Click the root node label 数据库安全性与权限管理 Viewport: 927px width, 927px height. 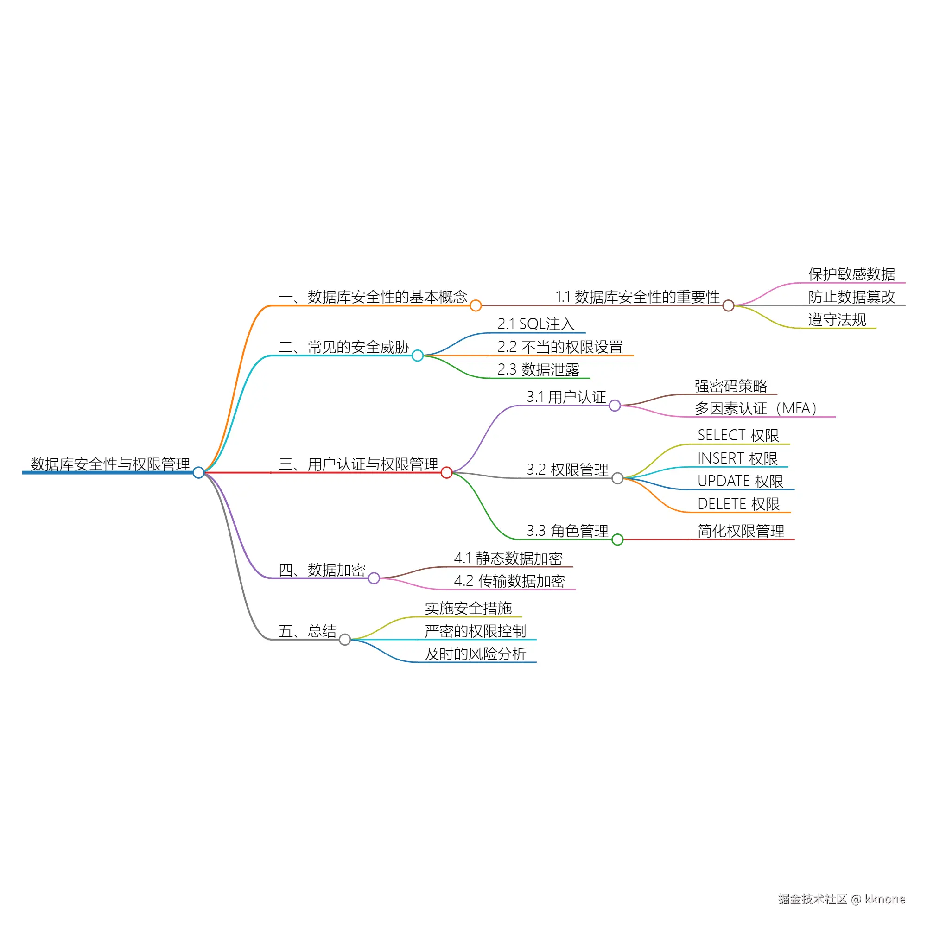click(110, 464)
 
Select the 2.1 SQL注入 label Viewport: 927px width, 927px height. click(535, 324)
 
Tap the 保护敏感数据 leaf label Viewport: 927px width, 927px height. click(851, 274)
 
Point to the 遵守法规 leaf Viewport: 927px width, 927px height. click(837, 319)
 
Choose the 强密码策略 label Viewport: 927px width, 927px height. click(731, 386)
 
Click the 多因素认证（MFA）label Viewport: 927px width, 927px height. click(756, 408)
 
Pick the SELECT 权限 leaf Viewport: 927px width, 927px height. click(738, 435)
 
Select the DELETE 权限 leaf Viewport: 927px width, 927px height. click(739, 504)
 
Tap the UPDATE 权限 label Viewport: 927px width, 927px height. click(740, 481)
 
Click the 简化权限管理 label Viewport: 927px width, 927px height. click(741, 531)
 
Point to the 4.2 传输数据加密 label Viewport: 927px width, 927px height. click(509, 581)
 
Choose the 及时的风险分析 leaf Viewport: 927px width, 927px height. click(476, 654)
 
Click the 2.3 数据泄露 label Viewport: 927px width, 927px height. click(538, 369)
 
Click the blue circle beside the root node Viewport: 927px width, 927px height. click(199, 473)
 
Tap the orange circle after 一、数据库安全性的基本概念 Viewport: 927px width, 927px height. click(476, 305)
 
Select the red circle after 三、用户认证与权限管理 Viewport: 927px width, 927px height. click(447, 473)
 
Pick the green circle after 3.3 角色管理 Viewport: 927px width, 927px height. click(617, 540)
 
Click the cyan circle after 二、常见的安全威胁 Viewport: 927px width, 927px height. click(418, 356)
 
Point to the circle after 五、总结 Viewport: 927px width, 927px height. click(345, 640)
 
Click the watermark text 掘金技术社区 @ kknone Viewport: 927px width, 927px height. click(842, 899)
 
